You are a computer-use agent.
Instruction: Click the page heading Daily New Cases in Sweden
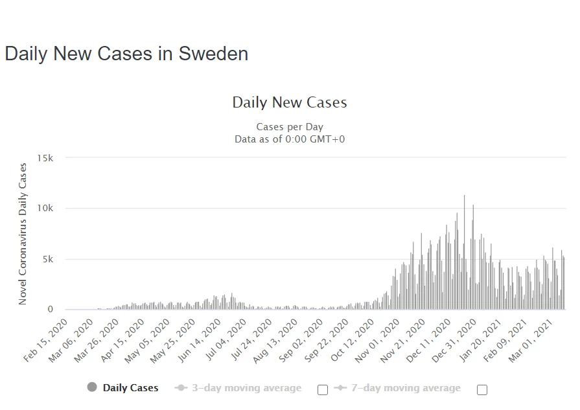(126, 54)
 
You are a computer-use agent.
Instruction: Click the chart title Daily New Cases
(289, 102)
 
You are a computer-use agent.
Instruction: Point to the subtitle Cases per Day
(289, 127)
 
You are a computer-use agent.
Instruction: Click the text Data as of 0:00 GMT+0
(289, 139)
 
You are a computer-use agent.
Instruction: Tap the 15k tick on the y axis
(45, 158)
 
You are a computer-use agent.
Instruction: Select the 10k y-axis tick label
(45, 209)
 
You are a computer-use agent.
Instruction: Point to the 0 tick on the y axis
(50, 310)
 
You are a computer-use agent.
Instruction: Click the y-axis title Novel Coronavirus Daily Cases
(23, 234)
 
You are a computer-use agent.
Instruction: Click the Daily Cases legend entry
(130, 388)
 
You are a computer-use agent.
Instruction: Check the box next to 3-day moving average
(322, 389)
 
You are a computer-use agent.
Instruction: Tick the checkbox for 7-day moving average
(481, 389)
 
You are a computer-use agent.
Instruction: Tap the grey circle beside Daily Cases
(92, 387)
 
